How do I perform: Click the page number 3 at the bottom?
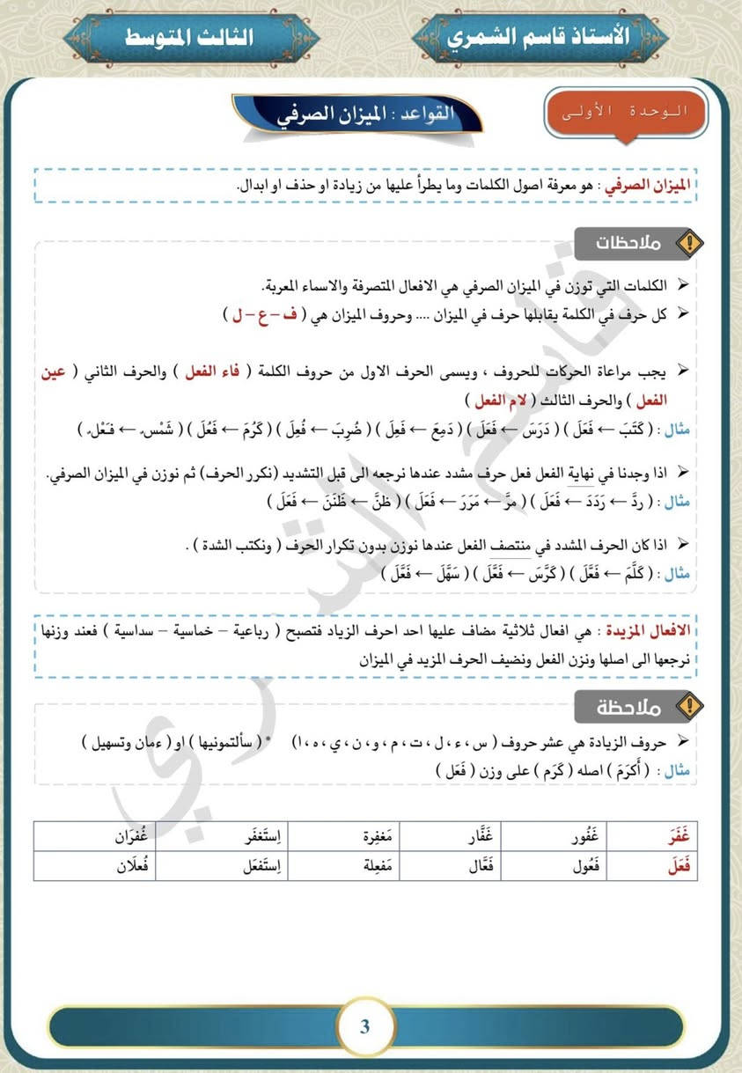point(364,1026)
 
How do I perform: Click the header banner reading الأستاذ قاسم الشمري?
point(539,36)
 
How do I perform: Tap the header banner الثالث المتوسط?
point(189,37)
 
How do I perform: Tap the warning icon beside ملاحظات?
point(691,243)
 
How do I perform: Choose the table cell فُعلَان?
point(136,866)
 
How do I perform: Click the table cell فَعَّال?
point(480,866)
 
